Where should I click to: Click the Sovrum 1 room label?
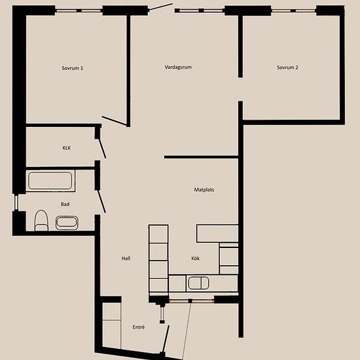point(72,68)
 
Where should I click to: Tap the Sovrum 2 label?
point(287,67)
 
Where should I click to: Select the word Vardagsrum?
point(178,67)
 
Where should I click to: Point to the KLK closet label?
point(67,148)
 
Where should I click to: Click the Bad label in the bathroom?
point(65,204)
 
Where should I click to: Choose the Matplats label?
point(204,190)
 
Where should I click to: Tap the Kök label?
point(196,259)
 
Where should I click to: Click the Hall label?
point(126,259)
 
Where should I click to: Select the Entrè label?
point(139,327)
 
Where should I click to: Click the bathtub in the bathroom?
point(50,181)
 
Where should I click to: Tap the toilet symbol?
point(41,221)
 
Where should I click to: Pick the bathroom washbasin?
point(67,223)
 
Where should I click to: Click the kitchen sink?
point(198,283)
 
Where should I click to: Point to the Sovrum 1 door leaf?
point(115,121)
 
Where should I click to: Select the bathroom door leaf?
point(101,201)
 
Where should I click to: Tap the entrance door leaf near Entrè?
point(166,338)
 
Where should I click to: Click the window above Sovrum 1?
point(79,10)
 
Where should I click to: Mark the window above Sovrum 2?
point(294,10)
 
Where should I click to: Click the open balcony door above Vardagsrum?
point(161,7)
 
